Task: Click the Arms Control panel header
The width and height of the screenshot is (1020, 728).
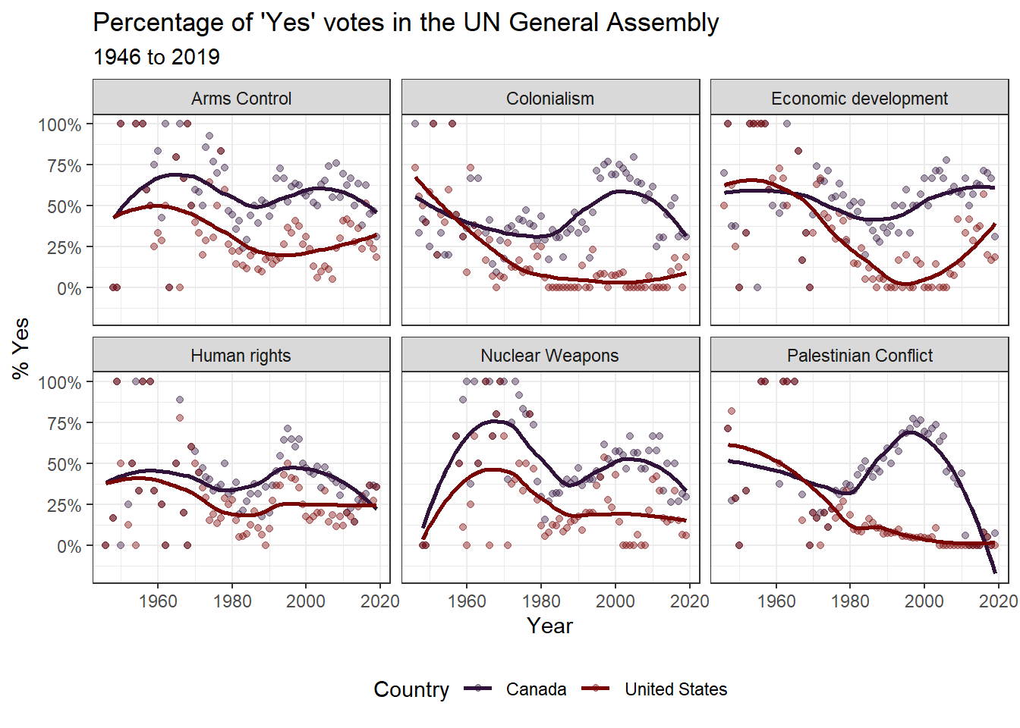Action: (241, 99)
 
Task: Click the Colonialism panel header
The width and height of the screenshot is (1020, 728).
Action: (550, 99)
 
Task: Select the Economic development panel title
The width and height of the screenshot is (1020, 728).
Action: (859, 99)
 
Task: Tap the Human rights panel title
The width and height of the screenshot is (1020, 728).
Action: (241, 356)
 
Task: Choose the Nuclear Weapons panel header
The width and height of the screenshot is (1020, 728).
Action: (549, 356)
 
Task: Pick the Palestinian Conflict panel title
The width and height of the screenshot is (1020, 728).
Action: (860, 356)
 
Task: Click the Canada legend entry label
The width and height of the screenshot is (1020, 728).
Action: (536, 689)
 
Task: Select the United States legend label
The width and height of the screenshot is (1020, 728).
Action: (675, 689)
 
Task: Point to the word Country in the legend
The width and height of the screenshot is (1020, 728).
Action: (411, 689)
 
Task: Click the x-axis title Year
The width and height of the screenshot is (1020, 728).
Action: (549, 626)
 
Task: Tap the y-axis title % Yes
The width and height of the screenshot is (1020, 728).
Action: (21, 348)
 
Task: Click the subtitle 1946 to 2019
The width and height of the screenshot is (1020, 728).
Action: (156, 57)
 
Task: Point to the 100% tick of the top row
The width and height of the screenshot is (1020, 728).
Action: (60, 125)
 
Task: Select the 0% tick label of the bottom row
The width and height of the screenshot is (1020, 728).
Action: (68, 547)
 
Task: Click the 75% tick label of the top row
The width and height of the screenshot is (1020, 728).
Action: (64, 166)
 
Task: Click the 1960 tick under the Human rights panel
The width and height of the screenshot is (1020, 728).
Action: (158, 601)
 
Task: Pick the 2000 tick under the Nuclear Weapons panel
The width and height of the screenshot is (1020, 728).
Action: (615, 601)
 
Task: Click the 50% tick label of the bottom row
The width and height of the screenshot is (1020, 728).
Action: (64, 465)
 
